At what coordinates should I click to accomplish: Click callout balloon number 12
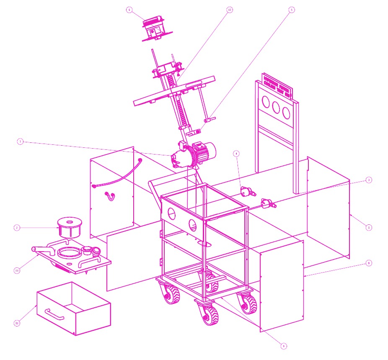tap(229, 9)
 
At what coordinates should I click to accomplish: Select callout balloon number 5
tap(292, 9)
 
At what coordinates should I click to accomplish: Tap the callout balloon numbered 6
tap(129, 9)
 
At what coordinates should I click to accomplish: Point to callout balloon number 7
tap(20, 141)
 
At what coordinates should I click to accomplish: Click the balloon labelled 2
tap(17, 228)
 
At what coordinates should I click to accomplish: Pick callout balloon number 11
tap(17, 270)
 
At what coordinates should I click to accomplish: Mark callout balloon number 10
tap(17, 323)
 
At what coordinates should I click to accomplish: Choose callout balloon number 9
tap(284, 346)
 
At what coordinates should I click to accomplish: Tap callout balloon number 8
tap(369, 263)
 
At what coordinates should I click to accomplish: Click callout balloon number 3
tap(369, 180)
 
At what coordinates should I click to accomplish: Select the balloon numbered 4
tap(237, 154)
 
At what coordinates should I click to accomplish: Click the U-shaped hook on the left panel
tap(110, 195)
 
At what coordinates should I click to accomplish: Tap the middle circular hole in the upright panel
tap(276, 107)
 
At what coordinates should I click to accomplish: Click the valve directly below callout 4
tap(245, 191)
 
